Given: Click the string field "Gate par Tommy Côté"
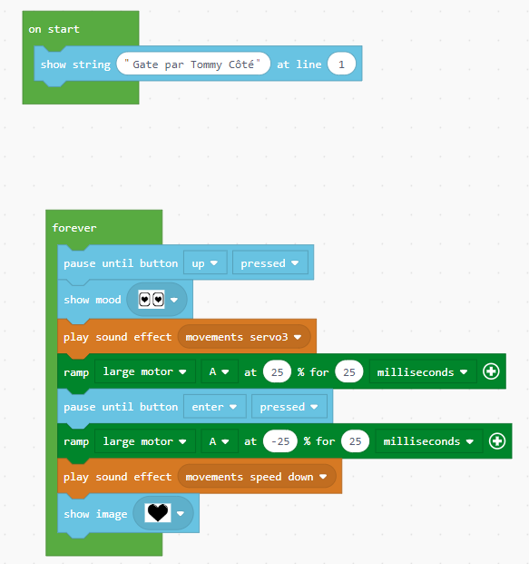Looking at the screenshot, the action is (x=193, y=64).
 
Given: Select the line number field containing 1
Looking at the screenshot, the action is (x=341, y=64).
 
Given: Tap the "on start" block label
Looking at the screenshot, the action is (x=54, y=29).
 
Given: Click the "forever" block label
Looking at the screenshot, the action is (x=74, y=228).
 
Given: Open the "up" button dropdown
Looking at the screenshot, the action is (x=205, y=263).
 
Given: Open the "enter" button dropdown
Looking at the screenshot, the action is (x=214, y=407).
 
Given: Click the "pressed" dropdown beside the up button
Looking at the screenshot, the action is (x=270, y=263).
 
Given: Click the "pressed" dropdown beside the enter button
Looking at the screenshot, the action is (x=289, y=407).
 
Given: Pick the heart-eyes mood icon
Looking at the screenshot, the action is (x=152, y=300).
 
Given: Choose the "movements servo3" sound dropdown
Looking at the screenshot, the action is (x=244, y=337).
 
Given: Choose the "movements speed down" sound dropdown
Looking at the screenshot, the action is (x=257, y=477).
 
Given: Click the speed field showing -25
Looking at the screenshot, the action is (x=280, y=441).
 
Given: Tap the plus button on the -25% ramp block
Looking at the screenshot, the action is (x=497, y=441).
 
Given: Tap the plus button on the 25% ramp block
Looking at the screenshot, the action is (x=491, y=371).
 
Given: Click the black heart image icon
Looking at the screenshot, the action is (x=158, y=512).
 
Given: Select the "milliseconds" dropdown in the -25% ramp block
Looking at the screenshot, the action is (x=428, y=441).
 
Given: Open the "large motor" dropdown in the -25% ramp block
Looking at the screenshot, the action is (x=145, y=441).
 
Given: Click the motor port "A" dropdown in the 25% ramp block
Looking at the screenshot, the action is (x=220, y=371).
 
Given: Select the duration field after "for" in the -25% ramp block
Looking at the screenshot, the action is (x=355, y=441).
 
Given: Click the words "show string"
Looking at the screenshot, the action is (x=76, y=64).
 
